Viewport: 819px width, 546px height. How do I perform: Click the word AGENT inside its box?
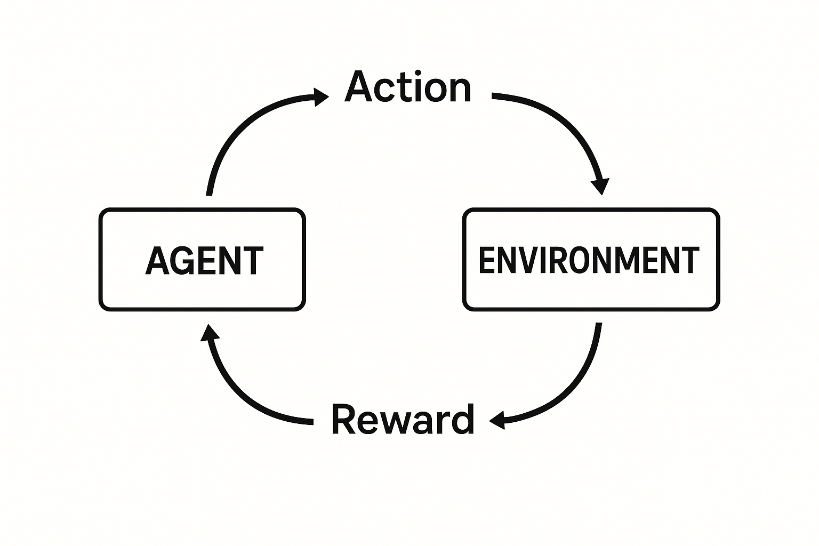tap(204, 261)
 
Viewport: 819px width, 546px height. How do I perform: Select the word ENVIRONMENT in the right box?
tap(589, 260)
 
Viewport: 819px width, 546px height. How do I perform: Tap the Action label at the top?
tap(408, 87)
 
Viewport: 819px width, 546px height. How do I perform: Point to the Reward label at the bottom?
tap(403, 420)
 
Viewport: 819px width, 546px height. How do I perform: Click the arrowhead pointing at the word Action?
tap(322, 97)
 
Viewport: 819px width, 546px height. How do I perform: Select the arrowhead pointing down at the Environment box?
tap(600, 187)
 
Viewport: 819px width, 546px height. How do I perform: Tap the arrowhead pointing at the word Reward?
tap(497, 420)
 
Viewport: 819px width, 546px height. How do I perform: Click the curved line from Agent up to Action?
tap(235, 133)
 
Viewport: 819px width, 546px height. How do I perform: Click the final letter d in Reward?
tap(462, 420)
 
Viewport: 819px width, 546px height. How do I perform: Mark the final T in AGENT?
tap(252, 261)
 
